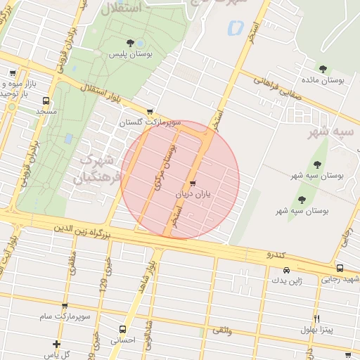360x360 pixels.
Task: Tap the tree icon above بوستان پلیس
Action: (129, 44)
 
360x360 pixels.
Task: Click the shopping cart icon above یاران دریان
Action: (193, 184)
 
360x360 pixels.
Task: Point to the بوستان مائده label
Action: (323, 80)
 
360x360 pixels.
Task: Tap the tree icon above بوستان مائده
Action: (323, 69)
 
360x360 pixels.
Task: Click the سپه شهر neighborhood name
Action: (335, 131)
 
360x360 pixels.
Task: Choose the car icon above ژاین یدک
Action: (286, 270)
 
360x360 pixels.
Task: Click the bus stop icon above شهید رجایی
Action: (340, 269)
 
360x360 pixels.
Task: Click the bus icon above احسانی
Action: (123, 328)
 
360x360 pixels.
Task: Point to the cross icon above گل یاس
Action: (56, 344)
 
